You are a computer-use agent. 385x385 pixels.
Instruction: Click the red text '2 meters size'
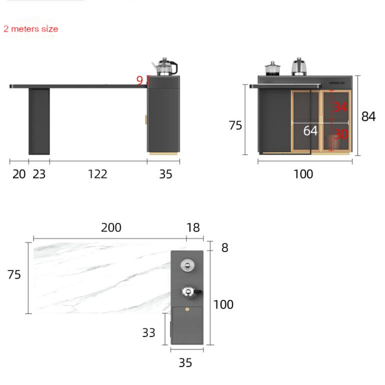31,29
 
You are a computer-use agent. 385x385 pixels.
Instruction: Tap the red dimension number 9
140,80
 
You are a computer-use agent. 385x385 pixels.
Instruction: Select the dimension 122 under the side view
97,174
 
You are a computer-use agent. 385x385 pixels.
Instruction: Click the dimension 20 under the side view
19,174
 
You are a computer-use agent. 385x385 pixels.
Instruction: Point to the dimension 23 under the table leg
39,174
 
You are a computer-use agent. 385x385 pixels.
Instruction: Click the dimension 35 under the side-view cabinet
166,174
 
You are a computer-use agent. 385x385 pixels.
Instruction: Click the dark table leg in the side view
39,121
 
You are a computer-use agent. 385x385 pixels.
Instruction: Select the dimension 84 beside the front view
368,116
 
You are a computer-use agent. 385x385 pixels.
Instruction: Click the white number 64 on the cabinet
310,130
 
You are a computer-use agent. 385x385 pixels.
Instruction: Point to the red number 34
340,107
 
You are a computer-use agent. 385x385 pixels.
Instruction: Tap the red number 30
340,134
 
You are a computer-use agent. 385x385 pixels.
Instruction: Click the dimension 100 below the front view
303,174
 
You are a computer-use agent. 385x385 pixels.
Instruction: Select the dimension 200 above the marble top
111,228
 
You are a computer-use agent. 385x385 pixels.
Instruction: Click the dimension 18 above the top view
193,228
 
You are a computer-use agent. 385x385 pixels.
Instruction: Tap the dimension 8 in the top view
225,248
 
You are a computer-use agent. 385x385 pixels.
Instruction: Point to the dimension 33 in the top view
149,332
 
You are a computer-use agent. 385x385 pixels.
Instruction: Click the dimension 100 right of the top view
223,304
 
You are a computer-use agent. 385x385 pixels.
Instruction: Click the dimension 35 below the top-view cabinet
185,363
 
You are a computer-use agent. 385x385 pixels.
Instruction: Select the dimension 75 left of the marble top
14,274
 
